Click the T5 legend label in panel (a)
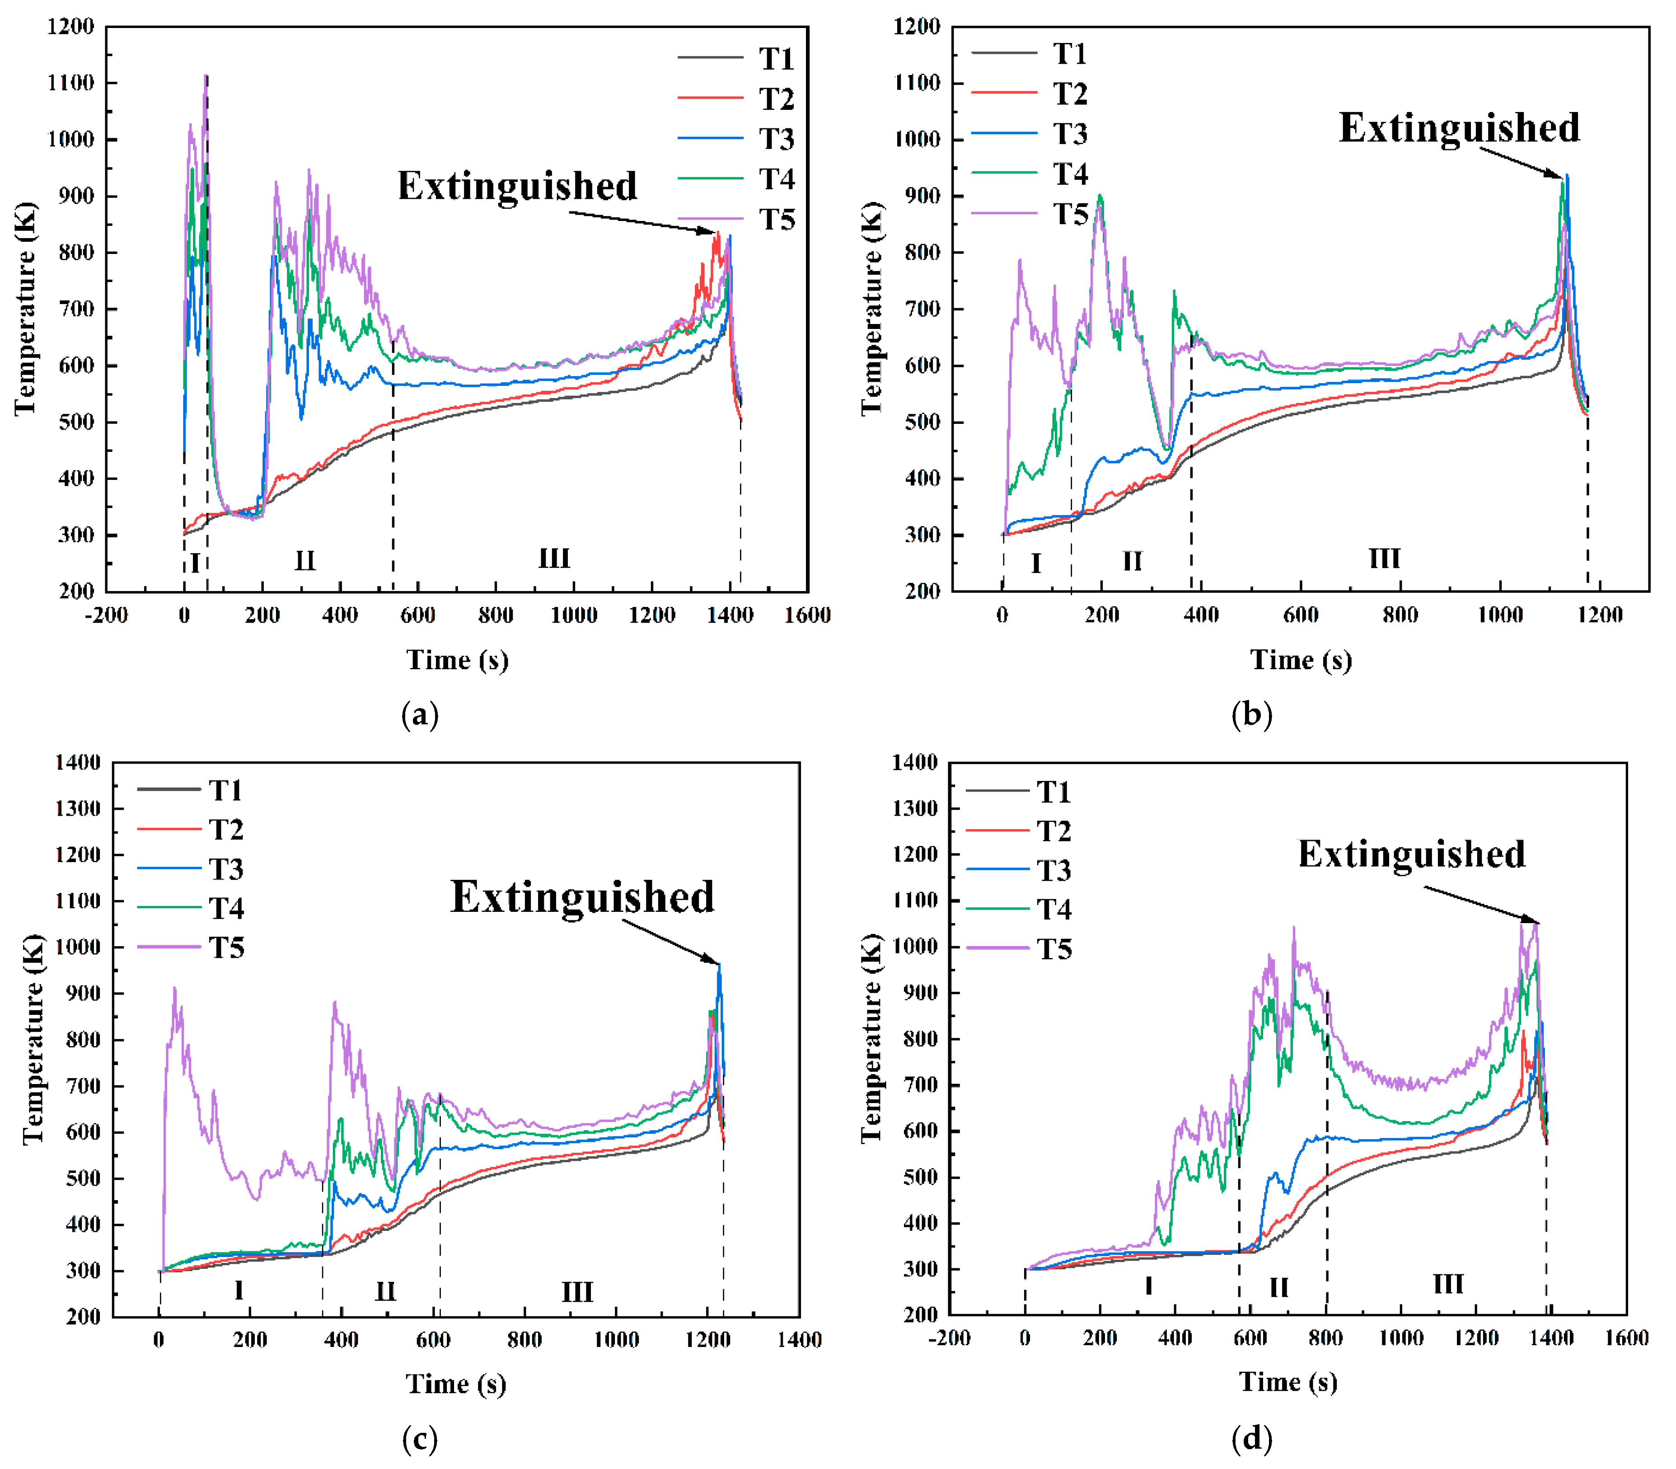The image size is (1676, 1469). [776, 220]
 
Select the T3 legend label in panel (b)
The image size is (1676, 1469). [1070, 134]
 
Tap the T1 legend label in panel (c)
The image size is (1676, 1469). [225, 790]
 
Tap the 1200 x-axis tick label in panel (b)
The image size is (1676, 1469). [1599, 615]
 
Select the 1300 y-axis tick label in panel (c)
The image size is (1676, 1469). [77, 808]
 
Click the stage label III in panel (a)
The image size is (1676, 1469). [554, 559]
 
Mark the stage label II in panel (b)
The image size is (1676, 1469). [1132, 562]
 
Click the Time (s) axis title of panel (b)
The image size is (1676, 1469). [1301, 660]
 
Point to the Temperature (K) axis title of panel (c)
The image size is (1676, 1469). [33, 1039]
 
